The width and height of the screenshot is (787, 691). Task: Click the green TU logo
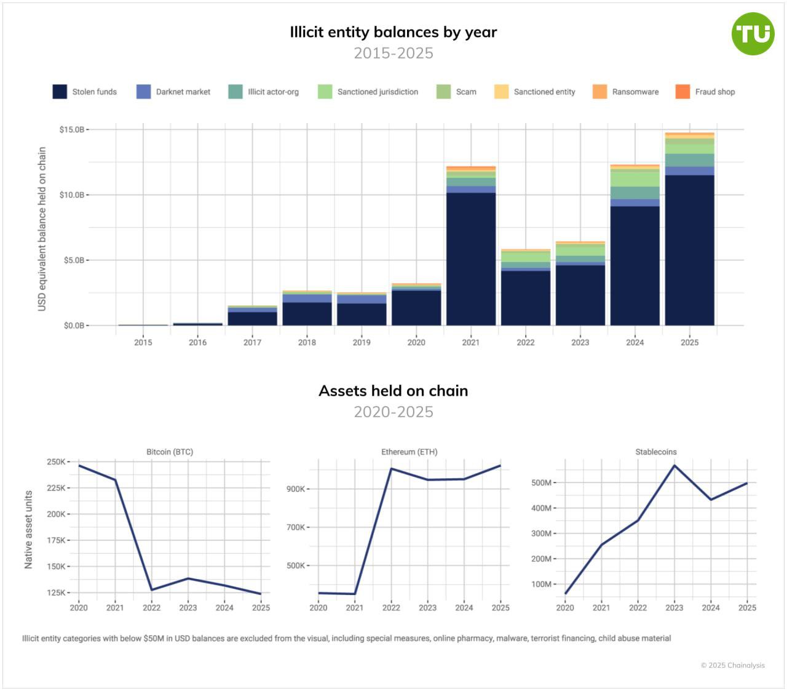pyautogui.click(x=753, y=34)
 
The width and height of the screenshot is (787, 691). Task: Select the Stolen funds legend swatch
pyautogui.click(x=60, y=92)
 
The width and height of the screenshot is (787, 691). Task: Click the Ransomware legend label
pyautogui.click(x=635, y=92)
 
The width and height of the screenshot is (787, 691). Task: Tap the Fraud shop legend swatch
pyautogui.click(x=682, y=92)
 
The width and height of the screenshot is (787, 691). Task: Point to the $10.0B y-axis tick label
pyautogui.click(x=71, y=195)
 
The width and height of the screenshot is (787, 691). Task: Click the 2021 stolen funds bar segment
pyautogui.click(x=471, y=258)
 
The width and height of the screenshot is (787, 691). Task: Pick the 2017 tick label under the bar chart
pyautogui.click(x=252, y=343)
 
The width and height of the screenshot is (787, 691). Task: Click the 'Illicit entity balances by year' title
pyautogui.click(x=393, y=32)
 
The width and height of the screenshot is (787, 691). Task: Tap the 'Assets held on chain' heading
pyautogui.click(x=393, y=391)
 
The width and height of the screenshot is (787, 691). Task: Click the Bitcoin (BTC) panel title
pyautogui.click(x=170, y=452)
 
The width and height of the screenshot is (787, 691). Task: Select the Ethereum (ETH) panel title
pyautogui.click(x=409, y=452)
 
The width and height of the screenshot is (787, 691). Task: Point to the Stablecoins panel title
pyautogui.click(x=656, y=452)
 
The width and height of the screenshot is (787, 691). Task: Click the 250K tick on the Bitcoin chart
pyautogui.click(x=56, y=462)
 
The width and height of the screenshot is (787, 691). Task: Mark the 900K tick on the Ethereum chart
pyautogui.click(x=296, y=489)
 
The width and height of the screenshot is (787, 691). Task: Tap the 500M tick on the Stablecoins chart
pyautogui.click(x=541, y=483)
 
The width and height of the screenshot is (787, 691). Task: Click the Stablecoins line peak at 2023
pyautogui.click(x=674, y=465)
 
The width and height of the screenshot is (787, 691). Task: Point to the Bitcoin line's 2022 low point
pyautogui.click(x=152, y=589)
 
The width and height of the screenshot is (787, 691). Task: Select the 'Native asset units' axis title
pyautogui.click(x=28, y=529)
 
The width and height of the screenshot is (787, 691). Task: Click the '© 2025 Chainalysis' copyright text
pyautogui.click(x=733, y=665)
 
